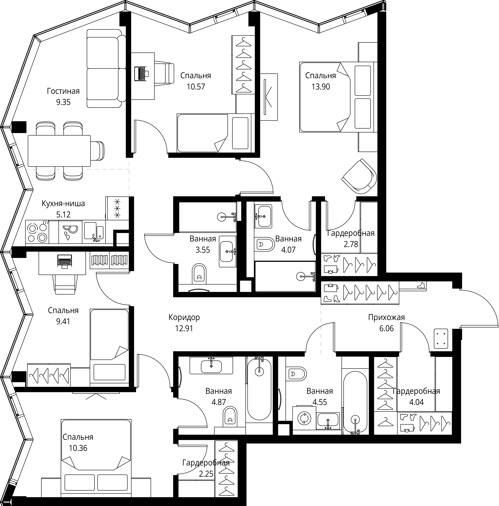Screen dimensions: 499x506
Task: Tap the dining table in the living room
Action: tap(59, 151)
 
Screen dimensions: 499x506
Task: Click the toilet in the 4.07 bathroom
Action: tap(264, 244)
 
